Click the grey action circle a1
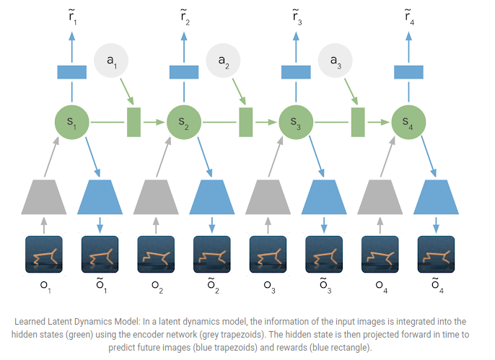point(112,63)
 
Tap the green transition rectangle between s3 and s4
point(357,122)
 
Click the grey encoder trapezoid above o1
point(44,197)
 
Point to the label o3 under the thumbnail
point(269,286)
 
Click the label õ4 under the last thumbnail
point(437,286)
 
